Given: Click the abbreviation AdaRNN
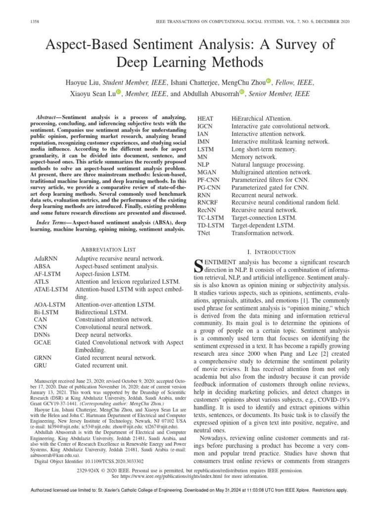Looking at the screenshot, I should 46,258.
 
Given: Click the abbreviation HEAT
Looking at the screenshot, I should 205,119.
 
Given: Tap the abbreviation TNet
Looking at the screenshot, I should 205,233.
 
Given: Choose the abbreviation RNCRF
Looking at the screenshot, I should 208,202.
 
